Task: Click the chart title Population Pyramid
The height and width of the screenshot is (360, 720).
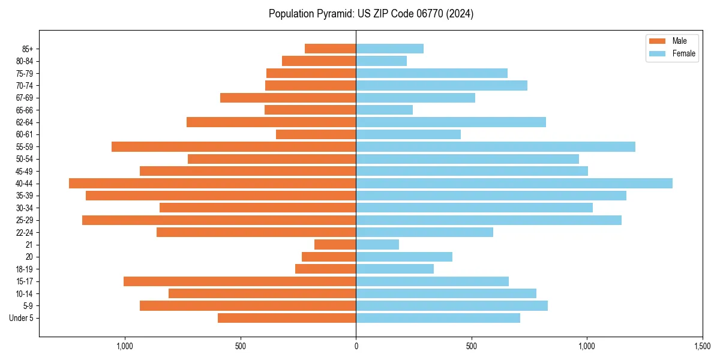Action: [371, 14]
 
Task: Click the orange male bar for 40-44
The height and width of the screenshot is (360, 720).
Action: [212, 184]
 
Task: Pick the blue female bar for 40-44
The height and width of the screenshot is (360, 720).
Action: [514, 184]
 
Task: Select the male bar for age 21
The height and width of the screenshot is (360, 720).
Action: [335, 245]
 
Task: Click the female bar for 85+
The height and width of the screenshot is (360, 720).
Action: [389, 49]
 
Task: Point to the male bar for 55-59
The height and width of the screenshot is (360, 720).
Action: [234, 147]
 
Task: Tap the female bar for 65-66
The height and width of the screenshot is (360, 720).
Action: [384, 110]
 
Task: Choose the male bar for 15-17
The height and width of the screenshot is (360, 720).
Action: [240, 281]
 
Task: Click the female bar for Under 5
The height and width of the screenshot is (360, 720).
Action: [438, 318]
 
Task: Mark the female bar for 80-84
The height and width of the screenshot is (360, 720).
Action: [381, 61]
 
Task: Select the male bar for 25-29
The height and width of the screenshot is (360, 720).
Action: [219, 220]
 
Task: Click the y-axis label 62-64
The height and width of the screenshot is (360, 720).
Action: [24, 122]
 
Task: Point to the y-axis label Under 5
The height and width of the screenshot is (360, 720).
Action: [21, 318]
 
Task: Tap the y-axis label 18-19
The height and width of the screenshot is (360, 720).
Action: [24, 269]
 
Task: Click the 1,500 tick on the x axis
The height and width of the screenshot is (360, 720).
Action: [702, 346]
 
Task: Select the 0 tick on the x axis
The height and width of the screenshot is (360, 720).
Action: [356, 346]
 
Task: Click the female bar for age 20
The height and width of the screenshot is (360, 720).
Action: [404, 257]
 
